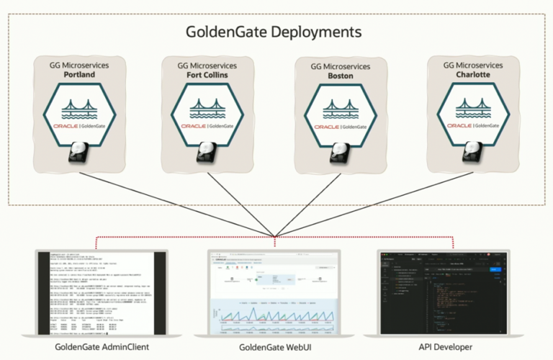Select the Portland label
[x=79, y=74]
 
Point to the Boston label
[x=341, y=76]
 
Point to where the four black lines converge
[x=275, y=235]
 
